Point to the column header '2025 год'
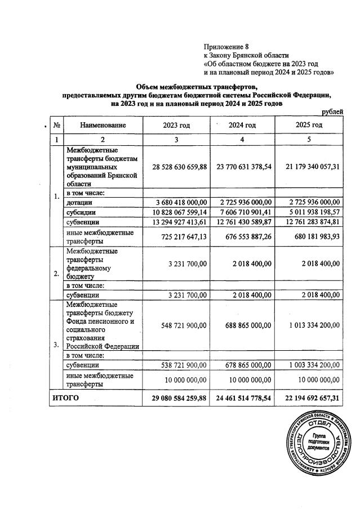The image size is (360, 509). [x=309, y=125]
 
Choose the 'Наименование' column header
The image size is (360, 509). [x=103, y=125]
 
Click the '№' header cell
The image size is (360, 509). [x=57, y=125]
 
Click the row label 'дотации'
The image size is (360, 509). [x=79, y=202]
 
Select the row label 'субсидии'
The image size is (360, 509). [x=81, y=212]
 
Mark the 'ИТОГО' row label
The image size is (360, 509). [x=65, y=398]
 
